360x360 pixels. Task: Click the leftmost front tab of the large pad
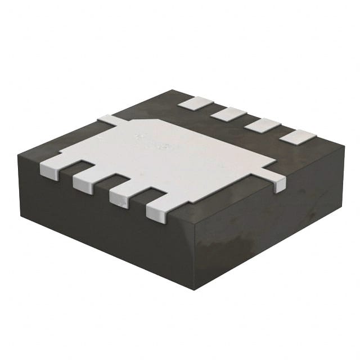tap(51, 169)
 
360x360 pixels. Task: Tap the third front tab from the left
tap(120, 197)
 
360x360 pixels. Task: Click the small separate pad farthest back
tap(195, 103)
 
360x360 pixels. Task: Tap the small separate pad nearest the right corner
tap(298, 136)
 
